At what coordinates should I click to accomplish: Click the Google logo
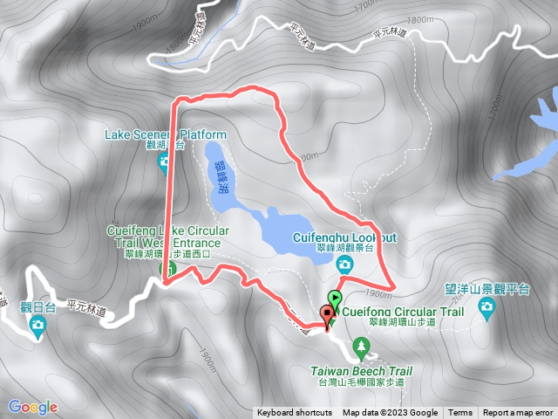pos(33,407)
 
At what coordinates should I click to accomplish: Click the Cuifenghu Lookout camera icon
pos(346,263)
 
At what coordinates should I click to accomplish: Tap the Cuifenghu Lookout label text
pos(350,237)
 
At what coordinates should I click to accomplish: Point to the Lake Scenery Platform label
pos(165,135)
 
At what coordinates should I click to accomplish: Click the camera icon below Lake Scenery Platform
pos(164,162)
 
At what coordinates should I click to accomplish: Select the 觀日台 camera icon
pos(37,326)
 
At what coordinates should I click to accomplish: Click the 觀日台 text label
pos(37,307)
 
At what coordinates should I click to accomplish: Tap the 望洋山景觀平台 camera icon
pos(487,306)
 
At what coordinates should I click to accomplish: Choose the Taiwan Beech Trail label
pos(361,371)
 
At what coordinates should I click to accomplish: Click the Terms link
pos(460,413)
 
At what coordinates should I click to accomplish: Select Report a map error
pos(518,413)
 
